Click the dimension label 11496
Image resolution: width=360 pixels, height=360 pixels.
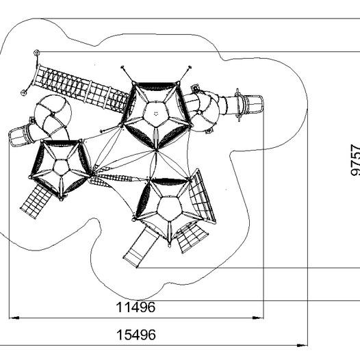136,307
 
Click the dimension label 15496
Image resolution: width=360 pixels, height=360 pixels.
136,335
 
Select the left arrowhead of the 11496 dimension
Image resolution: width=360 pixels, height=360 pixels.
14,318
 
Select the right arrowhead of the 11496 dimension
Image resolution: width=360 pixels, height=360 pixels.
258,318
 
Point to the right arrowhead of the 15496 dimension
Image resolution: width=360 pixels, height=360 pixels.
302,345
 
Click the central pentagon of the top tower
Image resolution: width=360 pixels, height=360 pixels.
156,114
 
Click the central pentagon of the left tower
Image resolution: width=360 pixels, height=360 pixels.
61,168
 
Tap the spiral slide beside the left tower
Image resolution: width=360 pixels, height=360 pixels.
53,115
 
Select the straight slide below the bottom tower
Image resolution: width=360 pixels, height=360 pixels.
141,248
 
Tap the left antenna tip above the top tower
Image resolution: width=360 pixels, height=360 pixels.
123,67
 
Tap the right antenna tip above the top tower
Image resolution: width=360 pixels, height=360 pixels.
190,67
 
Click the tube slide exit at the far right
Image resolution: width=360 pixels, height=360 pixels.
254,104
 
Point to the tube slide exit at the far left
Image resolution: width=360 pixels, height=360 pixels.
18,136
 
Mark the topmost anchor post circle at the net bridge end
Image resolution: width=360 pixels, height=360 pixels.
36,53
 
